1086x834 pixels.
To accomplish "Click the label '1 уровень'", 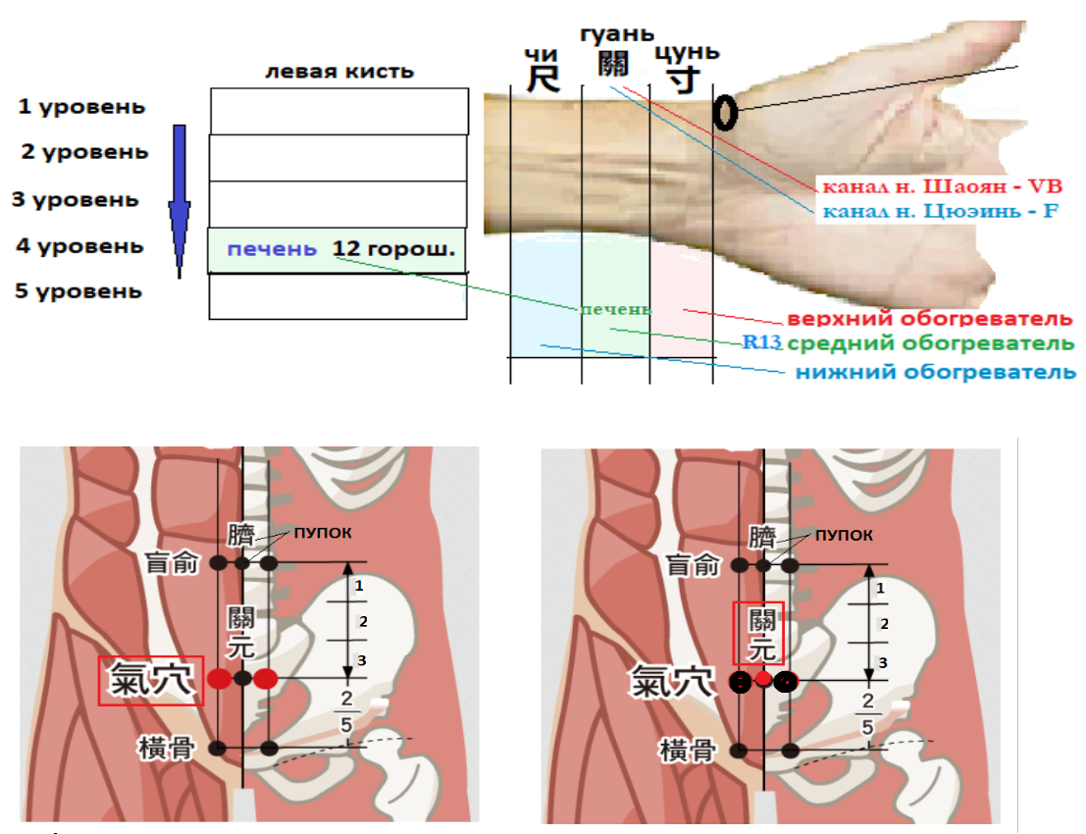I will (81, 106).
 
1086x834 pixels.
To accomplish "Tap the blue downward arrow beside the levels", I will (179, 201).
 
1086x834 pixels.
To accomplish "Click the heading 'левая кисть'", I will (340, 72).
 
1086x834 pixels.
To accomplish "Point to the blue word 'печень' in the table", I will (272, 249).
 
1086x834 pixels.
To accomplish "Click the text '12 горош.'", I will (393, 249).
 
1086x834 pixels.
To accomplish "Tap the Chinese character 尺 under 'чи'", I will (543, 78).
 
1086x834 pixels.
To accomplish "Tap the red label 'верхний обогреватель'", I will (930, 320).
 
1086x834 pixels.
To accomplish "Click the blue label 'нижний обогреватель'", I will (934, 372).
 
